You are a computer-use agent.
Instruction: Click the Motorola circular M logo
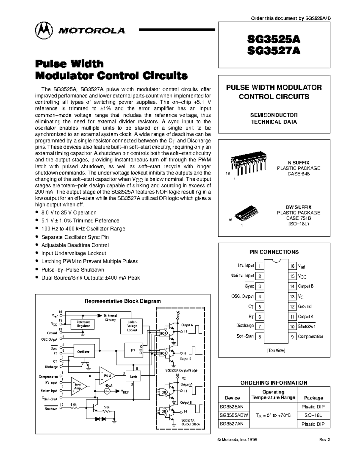(44, 30)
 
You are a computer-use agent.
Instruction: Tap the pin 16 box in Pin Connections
(292, 266)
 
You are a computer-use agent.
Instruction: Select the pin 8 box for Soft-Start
(259, 337)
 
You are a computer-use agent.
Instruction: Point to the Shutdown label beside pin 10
(306, 326)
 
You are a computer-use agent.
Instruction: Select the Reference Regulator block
(83, 324)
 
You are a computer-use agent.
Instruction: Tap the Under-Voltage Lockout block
(132, 326)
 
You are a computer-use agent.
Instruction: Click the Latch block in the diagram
(133, 377)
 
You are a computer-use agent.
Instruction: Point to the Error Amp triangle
(78, 386)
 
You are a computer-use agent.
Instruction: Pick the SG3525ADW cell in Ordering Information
(234, 415)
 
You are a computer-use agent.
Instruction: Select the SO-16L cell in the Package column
(313, 415)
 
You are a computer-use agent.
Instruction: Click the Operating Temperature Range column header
(273, 395)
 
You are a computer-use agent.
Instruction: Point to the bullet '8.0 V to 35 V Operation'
(69, 212)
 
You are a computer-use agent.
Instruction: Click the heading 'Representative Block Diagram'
(122, 301)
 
